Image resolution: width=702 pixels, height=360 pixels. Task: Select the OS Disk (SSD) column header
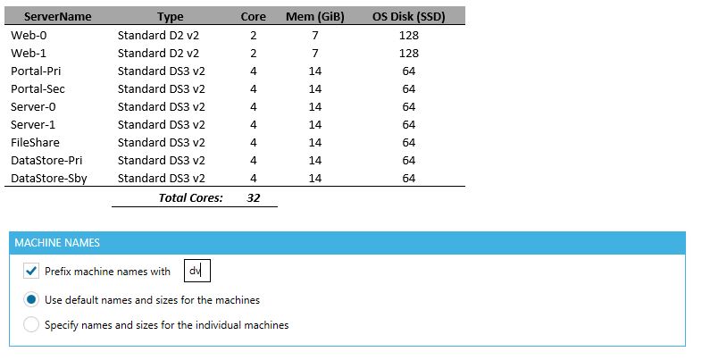coord(408,16)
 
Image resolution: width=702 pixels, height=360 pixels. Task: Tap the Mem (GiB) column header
coord(316,16)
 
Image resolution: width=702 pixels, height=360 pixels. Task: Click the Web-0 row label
coord(29,35)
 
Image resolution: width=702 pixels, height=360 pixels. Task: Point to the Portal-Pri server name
coord(37,71)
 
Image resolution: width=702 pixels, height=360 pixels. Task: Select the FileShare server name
coord(35,142)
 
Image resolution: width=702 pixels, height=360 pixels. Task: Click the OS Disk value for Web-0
coord(409,35)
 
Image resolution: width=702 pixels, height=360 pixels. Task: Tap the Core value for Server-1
coord(254,124)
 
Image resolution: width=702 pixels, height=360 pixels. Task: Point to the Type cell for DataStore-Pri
coord(161,160)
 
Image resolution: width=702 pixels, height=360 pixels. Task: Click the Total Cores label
coord(190,197)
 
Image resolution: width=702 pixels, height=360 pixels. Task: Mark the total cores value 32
coord(254,197)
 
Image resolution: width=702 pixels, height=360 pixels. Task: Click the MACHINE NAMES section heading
coord(57,243)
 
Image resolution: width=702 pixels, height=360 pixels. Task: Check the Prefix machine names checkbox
coord(31,272)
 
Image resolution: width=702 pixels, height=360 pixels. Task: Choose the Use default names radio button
coord(31,300)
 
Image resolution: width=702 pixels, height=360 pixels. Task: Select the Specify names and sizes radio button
coord(31,325)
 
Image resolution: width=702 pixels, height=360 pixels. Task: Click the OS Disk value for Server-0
coord(409,106)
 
